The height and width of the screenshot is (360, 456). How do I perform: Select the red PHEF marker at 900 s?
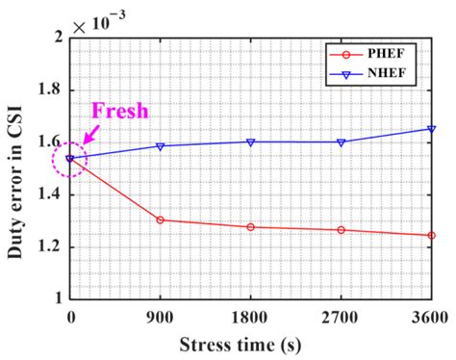(x=160, y=219)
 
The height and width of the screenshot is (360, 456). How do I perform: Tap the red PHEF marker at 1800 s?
(x=250, y=227)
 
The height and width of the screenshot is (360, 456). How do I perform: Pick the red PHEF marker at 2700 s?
(x=341, y=230)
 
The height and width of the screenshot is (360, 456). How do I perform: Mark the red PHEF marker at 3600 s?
(x=431, y=235)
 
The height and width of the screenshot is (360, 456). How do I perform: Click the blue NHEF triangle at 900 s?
(x=160, y=146)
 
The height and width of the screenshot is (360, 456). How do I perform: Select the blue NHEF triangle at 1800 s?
(x=250, y=141)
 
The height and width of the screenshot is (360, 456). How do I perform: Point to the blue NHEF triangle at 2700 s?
(x=341, y=141)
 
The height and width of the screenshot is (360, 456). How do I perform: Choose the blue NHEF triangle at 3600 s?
(x=431, y=129)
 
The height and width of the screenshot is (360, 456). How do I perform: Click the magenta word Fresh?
(x=121, y=112)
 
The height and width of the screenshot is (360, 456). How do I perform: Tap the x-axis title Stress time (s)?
(x=250, y=345)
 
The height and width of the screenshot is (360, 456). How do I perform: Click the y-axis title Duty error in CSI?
(x=15, y=167)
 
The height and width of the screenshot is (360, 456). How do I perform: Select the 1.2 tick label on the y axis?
(x=47, y=246)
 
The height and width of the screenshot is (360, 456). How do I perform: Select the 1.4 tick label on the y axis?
(x=47, y=194)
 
